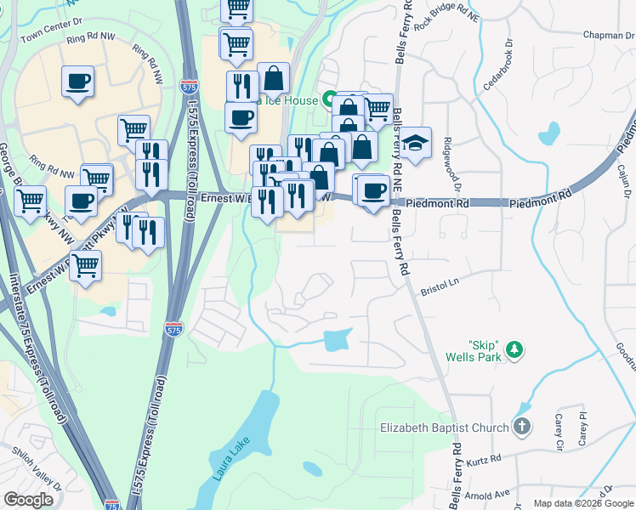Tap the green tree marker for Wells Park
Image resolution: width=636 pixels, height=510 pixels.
(x=513, y=348)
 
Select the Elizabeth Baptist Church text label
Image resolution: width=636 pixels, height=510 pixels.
(x=444, y=428)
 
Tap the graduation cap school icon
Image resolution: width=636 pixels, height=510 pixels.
(x=416, y=144)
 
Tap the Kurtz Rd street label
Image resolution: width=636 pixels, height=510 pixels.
(x=482, y=459)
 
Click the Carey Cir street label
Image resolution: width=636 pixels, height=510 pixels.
(x=559, y=433)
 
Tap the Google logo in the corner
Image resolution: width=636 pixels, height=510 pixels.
(x=29, y=499)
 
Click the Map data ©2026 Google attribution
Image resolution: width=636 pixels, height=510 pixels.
(x=583, y=503)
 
